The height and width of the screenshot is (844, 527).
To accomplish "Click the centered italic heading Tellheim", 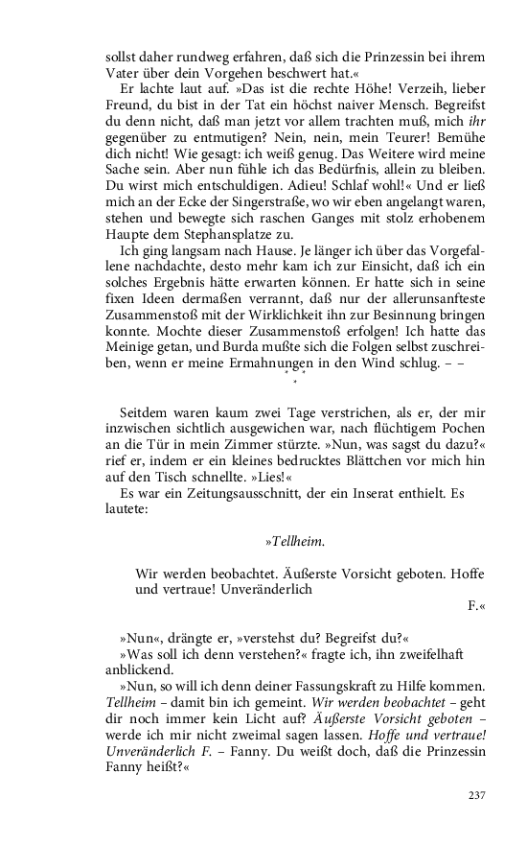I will pyautogui.click(x=296, y=542).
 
